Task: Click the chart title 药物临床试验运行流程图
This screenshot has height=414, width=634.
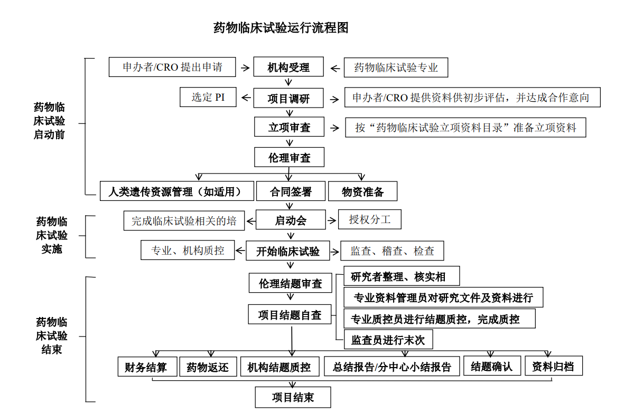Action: [x=281, y=28]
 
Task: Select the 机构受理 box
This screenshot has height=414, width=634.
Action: [x=288, y=68]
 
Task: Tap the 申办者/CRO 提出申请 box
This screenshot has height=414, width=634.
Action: [x=172, y=67]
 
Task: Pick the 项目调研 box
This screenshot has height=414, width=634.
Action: [x=288, y=98]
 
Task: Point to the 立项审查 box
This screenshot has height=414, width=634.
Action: [x=288, y=127]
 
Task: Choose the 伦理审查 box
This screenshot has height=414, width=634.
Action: [x=288, y=157]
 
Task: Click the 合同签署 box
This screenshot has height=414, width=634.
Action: [x=290, y=191]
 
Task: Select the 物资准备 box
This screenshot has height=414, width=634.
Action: [x=362, y=191]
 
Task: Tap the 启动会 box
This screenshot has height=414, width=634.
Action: [x=290, y=220]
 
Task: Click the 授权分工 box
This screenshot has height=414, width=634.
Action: [x=369, y=219]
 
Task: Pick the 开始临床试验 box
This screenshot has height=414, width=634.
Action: [x=288, y=251]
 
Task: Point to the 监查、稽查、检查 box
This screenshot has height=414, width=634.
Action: [x=392, y=251]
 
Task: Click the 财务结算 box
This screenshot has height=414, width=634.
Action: [x=146, y=367]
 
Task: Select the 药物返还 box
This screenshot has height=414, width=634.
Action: [x=207, y=367]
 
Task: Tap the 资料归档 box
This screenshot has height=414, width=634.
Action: [x=553, y=366]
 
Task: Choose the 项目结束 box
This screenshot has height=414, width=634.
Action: [x=293, y=397]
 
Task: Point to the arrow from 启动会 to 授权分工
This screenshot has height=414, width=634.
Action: [x=331, y=220]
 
